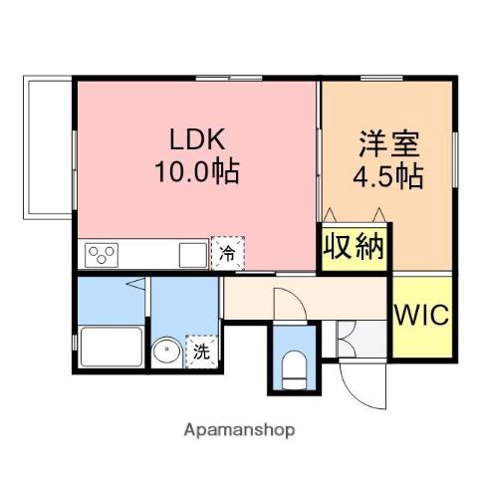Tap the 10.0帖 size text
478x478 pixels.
(196, 172)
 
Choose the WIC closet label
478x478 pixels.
(422, 316)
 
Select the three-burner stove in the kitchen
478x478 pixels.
(103, 255)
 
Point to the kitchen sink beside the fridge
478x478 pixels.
(191, 255)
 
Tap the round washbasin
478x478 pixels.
(166, 351)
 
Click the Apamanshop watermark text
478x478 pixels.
(239, 431)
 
